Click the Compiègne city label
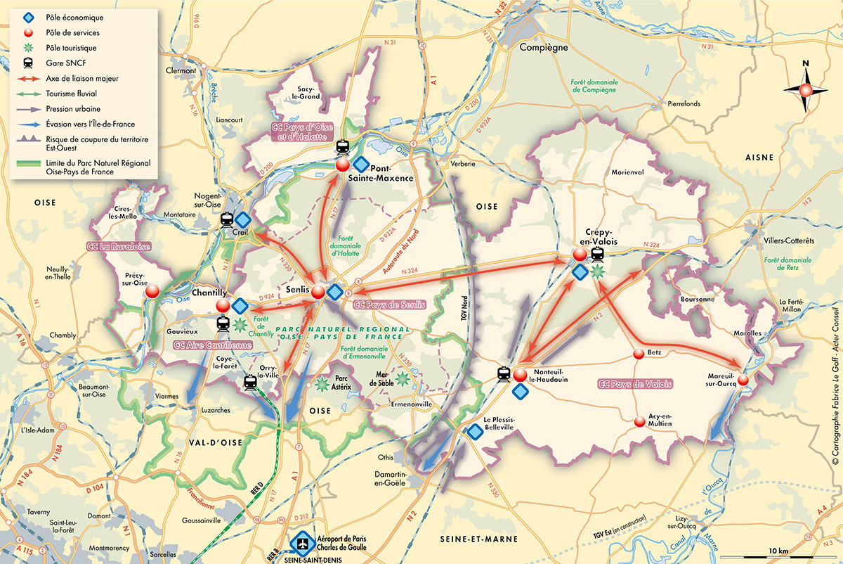coord(542,48)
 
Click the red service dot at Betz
coord(639,354)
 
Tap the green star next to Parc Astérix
coord(322,385)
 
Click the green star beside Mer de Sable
coord(402,379)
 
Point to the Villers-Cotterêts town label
coord(789,241)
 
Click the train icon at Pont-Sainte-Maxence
coord(343,148)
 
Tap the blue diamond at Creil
coord(243,219)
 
